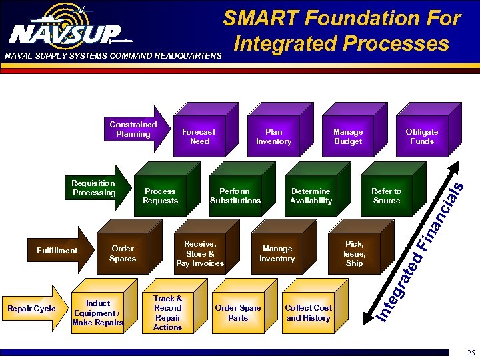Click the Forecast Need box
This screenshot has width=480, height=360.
199,137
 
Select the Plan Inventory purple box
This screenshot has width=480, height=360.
273,137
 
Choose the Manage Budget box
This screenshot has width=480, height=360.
347,137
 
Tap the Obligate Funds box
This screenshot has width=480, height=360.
421,137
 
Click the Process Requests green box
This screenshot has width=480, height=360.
160,196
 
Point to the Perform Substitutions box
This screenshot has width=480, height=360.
235,196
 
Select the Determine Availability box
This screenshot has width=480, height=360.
311,196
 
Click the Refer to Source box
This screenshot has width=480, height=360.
386,196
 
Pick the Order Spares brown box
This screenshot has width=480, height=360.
123,254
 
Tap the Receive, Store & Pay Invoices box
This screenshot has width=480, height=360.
200,254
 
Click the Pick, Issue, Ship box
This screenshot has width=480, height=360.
354,254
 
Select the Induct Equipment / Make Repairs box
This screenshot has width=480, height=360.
98,313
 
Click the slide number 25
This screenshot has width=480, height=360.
471,352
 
